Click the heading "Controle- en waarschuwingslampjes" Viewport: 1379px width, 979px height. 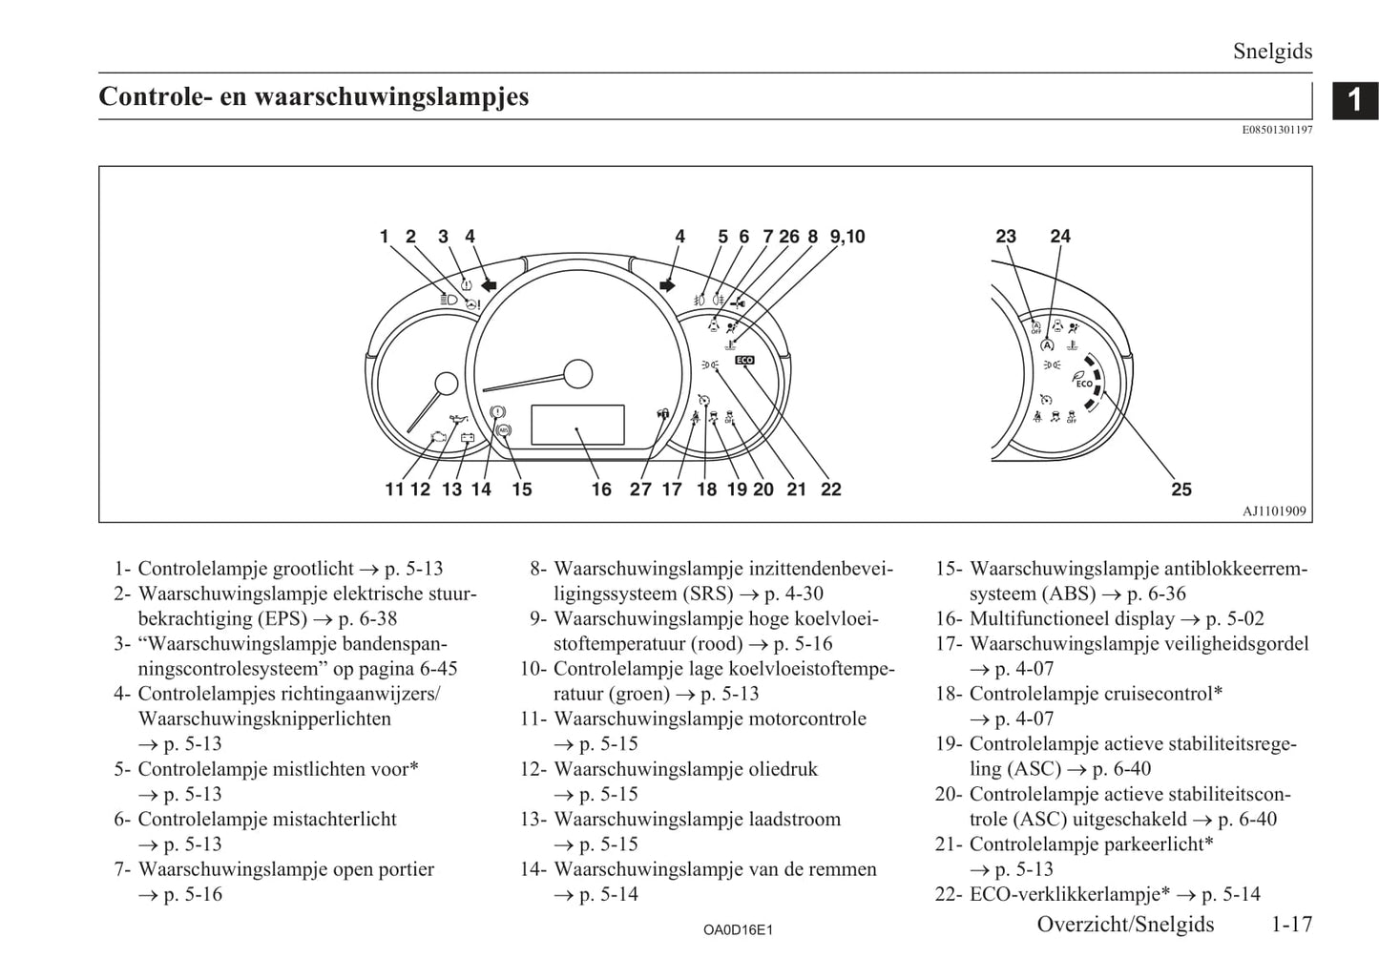[x=313, y=97]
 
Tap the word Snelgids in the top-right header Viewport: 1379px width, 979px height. [x=1272, y=52]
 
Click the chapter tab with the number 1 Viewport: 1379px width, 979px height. [x=1355, y=99]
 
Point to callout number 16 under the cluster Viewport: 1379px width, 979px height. [x=601, y=489]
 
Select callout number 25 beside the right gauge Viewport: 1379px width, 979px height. [x=1181, y=489]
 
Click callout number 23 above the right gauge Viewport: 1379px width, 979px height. [x=1006, y=237]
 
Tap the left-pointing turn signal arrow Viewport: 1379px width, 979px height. [x=489, y=284]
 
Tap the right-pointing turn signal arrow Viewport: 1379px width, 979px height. [x=666, y=284]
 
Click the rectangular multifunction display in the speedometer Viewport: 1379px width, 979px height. [x=577, y=425]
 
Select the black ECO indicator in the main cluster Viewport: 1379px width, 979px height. [x=744, y=360]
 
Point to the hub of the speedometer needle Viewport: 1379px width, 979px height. [x=577, y=373]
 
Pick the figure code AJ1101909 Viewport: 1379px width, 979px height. [x=1274, y=511]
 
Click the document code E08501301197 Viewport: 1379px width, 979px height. [x=1277, y=130]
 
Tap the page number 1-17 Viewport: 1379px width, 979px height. [x=1291, y=924]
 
